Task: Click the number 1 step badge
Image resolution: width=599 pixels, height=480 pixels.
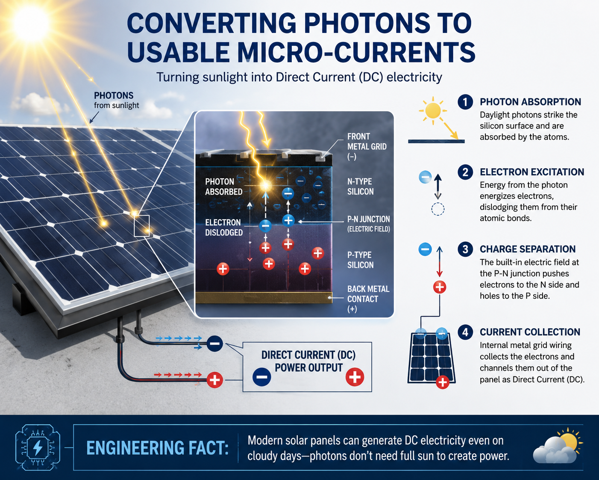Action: pos(465,102)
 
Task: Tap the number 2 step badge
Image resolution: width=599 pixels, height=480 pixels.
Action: pos(465,172)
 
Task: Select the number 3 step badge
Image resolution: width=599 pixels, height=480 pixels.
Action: pos(465,249)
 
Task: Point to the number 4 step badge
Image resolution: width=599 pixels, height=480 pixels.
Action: pos(465,332)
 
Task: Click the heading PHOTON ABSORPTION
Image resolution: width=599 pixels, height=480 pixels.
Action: pos(530,102)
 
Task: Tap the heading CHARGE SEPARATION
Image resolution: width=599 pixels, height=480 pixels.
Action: pos(528,249)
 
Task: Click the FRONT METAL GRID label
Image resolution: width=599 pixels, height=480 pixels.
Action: pos(367,147)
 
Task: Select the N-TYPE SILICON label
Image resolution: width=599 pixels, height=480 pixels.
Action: pos(360,187)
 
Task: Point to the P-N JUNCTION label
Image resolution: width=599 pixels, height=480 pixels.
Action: pos(369,224)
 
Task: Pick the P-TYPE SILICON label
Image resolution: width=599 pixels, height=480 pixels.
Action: pos(360,260)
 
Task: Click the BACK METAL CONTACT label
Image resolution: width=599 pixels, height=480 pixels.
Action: pos(368,299)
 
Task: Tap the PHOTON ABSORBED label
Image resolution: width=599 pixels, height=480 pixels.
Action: pos(224,187)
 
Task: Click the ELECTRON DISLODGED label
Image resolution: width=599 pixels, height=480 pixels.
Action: pos(224,228)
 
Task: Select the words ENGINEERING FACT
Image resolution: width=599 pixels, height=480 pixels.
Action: pos(157,448)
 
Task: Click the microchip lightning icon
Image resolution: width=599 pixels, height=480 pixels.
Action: pos(38,447)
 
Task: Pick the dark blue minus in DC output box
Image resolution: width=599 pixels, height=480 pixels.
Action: pos(261,377)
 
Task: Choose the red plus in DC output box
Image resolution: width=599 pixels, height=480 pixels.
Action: pos(355,377)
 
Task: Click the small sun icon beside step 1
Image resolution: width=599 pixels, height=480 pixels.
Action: pos(433,111)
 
